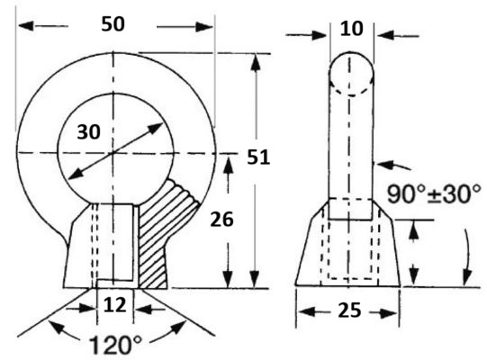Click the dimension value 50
(113, 24)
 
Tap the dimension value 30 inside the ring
(89, 131)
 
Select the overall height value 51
(258, 157)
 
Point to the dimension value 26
(221, 220)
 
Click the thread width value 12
(115, 305)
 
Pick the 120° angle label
(115, 346)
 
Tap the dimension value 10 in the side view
(352, 29)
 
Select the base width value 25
(349, 310)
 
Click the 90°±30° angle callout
(434, 194)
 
